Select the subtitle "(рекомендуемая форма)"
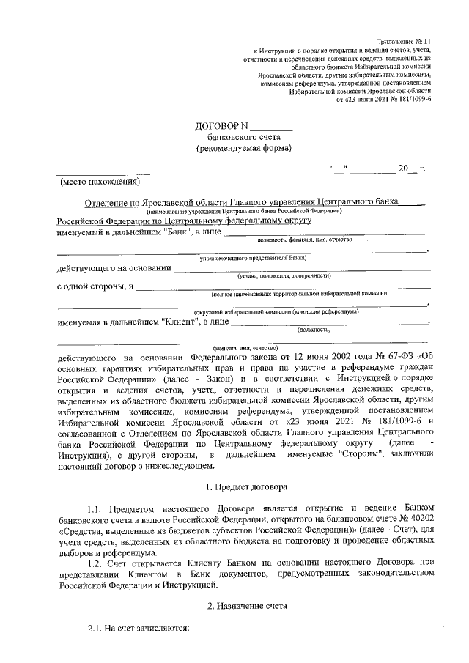(243, 147)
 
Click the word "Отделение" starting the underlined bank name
(106, 201)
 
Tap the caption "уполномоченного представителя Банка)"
(254, 258)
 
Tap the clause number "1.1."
(97, 508)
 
